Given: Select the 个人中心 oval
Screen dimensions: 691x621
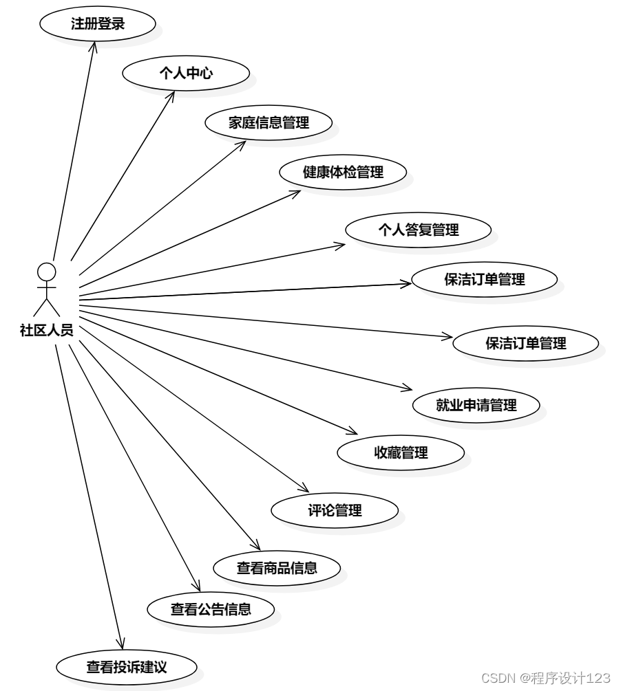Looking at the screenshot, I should (185, 74).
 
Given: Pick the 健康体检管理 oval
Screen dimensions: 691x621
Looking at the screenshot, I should (343, 173).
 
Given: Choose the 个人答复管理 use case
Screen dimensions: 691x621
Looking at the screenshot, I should (418, 230).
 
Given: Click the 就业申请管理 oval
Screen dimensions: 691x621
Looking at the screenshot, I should (476, 404).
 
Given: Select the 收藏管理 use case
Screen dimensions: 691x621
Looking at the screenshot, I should (401, 452).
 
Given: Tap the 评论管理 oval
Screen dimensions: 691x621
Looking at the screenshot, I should (335, 510).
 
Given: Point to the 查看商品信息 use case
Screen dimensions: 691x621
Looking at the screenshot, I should (277, 568).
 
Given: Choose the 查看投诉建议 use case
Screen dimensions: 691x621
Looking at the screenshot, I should (127, 666).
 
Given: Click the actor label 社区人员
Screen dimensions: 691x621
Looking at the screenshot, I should (47, 331).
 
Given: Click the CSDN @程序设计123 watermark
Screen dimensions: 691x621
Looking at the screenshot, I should (545, 678).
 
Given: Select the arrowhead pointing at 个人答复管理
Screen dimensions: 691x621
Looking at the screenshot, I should (340, 243).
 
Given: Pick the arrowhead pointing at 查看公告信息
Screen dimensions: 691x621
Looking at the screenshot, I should (198, 589).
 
